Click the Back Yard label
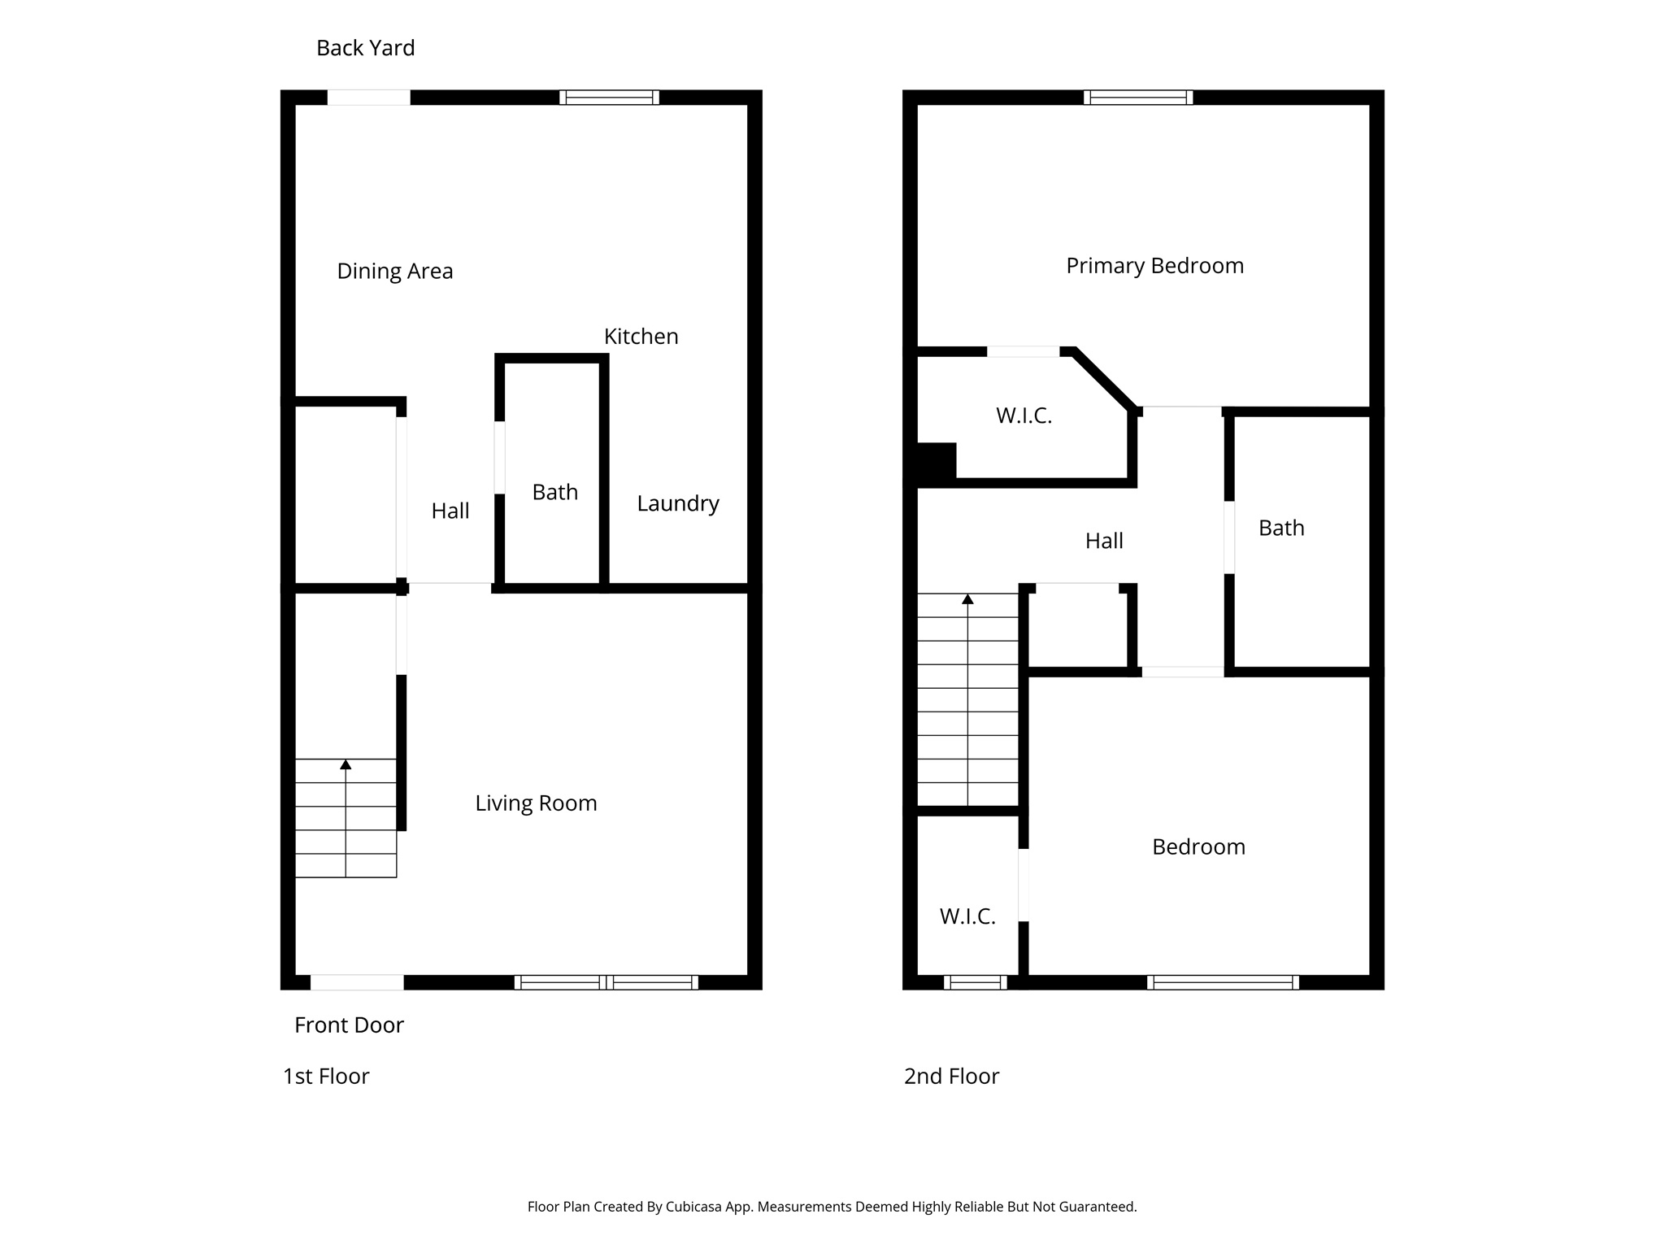coord(365,48)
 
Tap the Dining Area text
coord(395,271)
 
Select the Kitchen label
coord(641,336)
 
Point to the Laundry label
coord(677,503)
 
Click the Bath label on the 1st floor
coord(554,492)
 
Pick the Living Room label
coord(536,803)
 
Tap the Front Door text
coord(349,1025)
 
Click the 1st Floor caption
coord(325,1077)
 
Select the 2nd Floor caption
coord(951,1077)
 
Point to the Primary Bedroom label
coord(1154,266)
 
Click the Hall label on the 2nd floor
coord(1104,541)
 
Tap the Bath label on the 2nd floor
coord(1281,528)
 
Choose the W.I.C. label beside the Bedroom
coord(967,916)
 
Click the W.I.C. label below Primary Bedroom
coord(1024,416)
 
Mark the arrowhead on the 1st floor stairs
coord(346,764)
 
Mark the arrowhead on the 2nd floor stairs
coord(967,599)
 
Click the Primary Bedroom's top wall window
coord(1138,98)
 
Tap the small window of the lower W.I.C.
coord(975,982)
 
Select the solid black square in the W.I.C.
coord(937,461)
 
